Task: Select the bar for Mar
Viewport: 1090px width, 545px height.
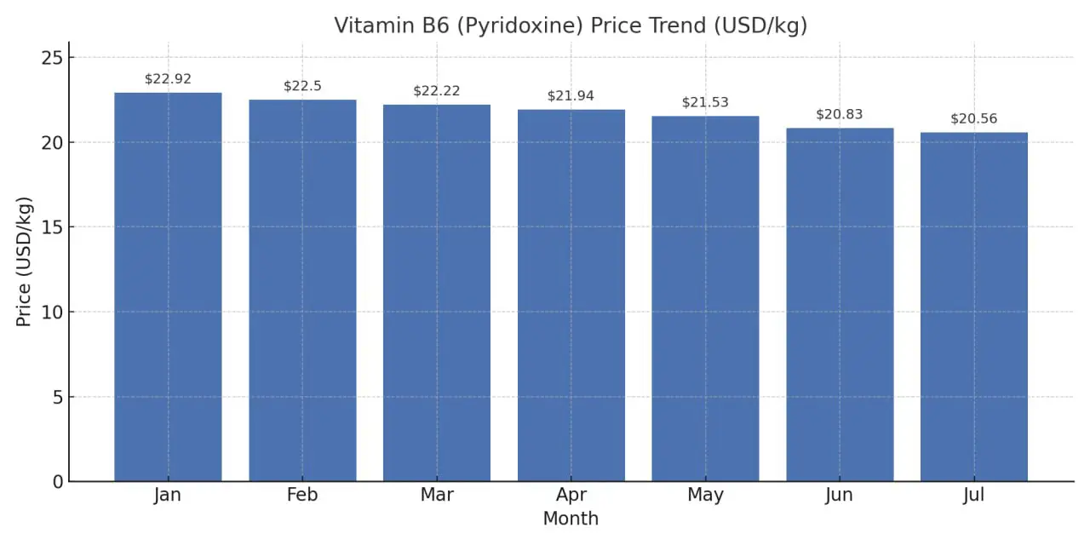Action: [437, 293]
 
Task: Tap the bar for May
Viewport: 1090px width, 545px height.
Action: [705, 299]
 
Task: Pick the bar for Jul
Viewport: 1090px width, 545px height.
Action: [974, 307]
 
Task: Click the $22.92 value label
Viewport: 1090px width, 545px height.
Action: [168, 79]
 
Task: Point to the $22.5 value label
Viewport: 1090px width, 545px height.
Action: [302, 86]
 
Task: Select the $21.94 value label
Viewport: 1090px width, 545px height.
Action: [571, 96]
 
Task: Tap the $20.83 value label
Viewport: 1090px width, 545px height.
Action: [840, 114]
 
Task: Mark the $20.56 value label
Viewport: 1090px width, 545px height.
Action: [974, 119]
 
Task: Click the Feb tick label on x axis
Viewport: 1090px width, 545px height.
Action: [302, 496]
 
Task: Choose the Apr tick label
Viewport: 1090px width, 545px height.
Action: [571, 496]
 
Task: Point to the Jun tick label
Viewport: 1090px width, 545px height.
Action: [840, 496]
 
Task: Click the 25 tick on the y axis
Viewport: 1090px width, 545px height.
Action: [52, 58]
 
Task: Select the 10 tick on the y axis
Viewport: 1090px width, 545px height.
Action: [52, 313]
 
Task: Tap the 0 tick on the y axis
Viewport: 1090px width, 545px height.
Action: [57, 482]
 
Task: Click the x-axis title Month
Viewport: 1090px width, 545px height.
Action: [571, 519]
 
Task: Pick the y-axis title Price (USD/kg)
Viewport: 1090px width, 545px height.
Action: [25, 261]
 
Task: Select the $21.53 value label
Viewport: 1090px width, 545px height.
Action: [705, 102]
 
